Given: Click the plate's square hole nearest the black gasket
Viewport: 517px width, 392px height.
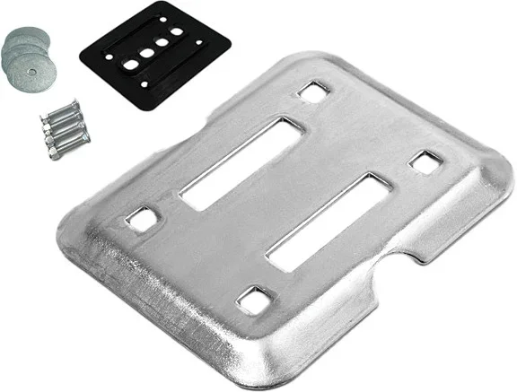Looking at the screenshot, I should [x=313, y=91].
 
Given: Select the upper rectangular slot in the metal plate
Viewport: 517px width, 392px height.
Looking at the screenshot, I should [x=235, y=161].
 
